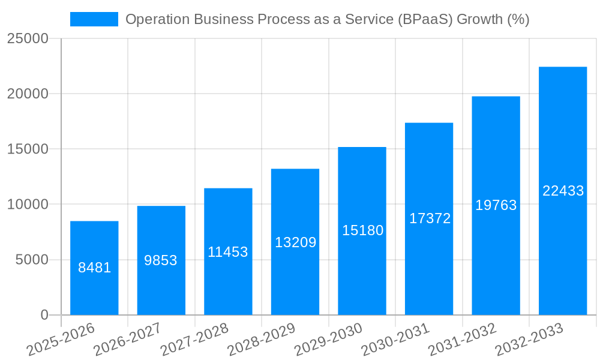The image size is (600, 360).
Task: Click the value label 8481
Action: pyautogui.click(x=94, y=268)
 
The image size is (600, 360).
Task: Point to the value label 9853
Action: pyautogui.click(x=161, y=260)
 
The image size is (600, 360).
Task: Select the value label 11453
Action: pyautogui.click(x=228, y=252)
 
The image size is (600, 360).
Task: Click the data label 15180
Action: pyautogui.click(x=362, y=230)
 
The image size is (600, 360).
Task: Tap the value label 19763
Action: pyautogui.click(x=496, y=205)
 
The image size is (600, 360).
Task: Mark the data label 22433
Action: pyautogui.click(x=563, y=191)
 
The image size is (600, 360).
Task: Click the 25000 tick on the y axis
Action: pyautogui.click(x=28, y=38)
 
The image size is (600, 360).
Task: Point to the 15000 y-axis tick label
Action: pyautogui.click(x=28, y=149)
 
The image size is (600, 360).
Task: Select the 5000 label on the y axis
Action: pyautogui.click(x=31, y=260)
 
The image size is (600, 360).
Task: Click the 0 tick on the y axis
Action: pyautogui.click(x=44, y=315)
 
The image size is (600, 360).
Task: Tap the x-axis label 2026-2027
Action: pyautogui.click(x=127, y=340)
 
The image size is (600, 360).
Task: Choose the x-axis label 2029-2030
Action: pyautogui.click(x=328, y=340)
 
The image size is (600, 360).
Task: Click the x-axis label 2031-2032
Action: pyautogui.click(x=462, y=340)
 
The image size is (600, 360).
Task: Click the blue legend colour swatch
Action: pyautogui.click(x=94, y=19)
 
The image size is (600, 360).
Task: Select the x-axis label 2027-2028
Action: pyautogui.click(x=194, y=340)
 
